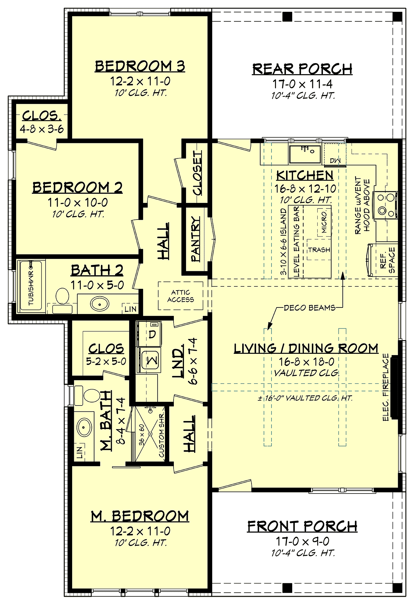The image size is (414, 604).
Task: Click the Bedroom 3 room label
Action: pos(140,66)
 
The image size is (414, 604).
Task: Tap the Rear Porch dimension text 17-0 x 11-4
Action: pos(303,84)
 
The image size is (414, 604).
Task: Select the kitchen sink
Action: pos(305,154)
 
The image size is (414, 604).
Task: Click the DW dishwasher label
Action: pos(335,161)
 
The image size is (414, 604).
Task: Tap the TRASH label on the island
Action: pos(319,250)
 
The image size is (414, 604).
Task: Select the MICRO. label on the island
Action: pos(324,222)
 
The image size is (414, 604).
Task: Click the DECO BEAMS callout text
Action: pos(309,308)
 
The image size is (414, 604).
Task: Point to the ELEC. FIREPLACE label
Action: pos(386,387)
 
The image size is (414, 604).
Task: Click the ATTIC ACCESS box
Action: pos(180,296)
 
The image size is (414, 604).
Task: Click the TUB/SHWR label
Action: pos(31,288)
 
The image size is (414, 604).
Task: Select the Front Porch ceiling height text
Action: pos(303,553)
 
